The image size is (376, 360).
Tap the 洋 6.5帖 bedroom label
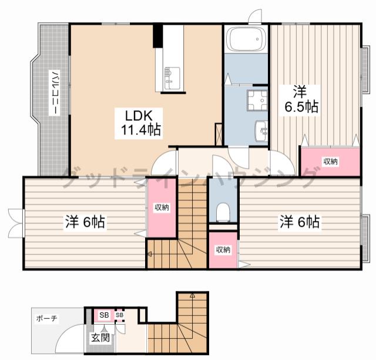(301, 100)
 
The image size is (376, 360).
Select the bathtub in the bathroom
(246, 39)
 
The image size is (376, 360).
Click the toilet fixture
(223, 212)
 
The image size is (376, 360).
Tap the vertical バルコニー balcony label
(55, 93)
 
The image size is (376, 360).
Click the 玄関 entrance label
(100, 338)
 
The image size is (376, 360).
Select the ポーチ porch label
(46, 318)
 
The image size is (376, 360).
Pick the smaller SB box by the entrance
(120, 315)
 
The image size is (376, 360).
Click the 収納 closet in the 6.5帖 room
(330, 162)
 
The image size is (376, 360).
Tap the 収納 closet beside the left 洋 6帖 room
(162, 207)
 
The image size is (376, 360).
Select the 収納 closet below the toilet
(223, 250)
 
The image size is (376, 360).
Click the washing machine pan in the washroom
(257, 100)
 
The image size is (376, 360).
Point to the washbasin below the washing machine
(261, 131)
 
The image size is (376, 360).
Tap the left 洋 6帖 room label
(85, 222)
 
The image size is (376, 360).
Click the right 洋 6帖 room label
(300, 222)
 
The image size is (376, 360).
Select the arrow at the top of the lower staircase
(192, 295)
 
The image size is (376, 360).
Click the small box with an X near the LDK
(218, 134)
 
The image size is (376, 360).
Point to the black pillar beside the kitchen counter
(158, 35)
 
